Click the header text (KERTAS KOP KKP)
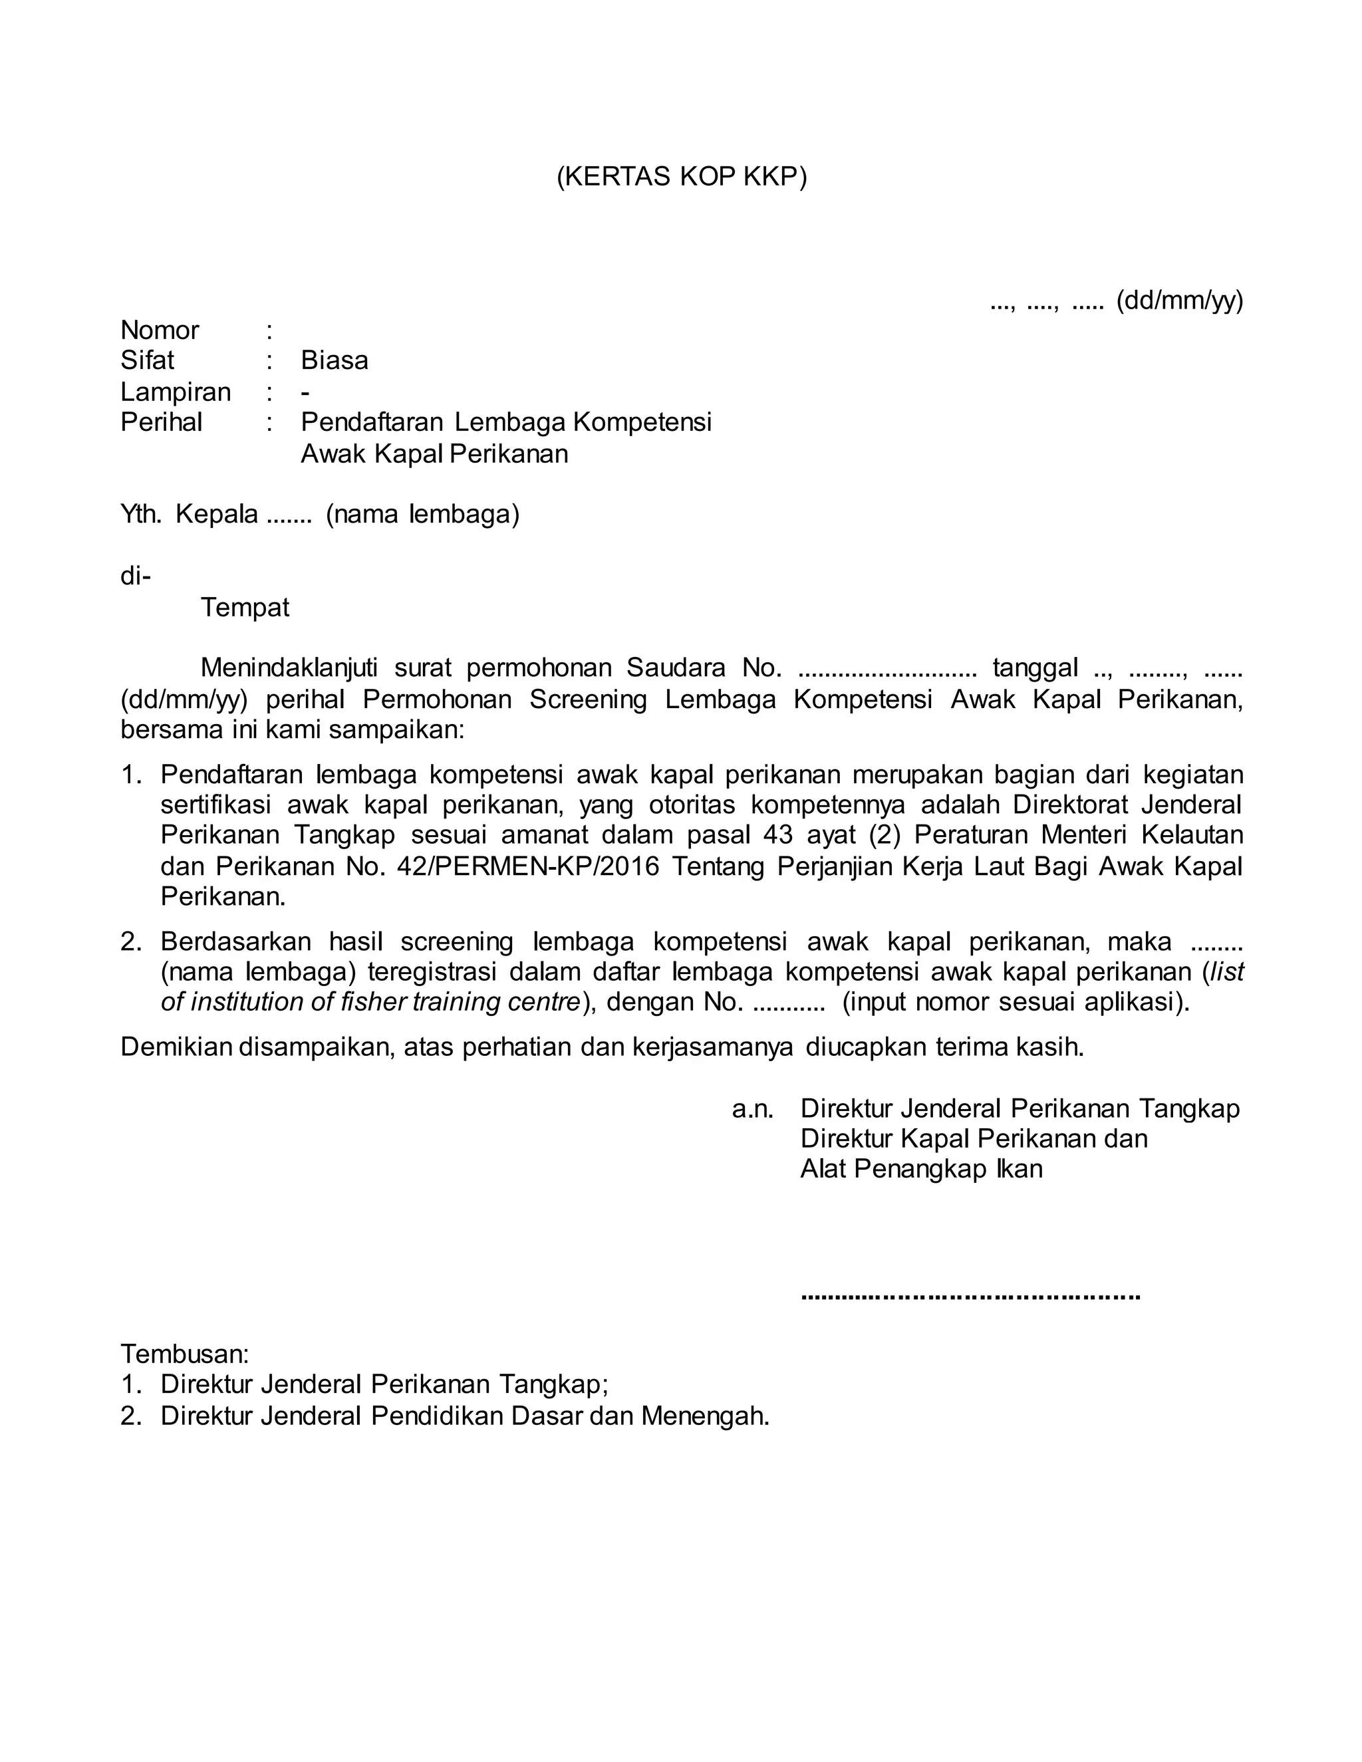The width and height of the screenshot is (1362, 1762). (681, 177)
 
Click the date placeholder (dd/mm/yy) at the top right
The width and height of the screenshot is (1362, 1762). (1179, 301)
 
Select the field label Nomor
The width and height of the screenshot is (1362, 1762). (160, 330)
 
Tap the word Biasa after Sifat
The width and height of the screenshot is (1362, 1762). (334, 360)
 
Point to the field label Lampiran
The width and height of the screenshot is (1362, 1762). (176, 392)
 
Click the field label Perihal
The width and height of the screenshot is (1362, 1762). (162, 423)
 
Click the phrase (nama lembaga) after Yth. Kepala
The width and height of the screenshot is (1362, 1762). (423, 515)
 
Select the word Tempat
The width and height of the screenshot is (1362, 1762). (245, 608)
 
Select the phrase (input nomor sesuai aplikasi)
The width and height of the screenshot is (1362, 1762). (1016, 1003)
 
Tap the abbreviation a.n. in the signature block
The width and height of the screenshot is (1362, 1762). (752, 1109)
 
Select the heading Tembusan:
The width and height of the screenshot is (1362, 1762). (185, 1353)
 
